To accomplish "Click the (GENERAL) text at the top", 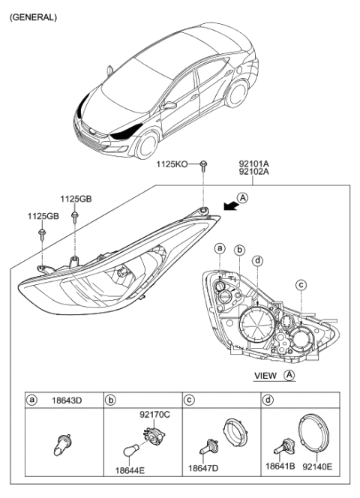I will [x=33, y=16].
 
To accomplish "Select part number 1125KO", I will [x=172, y=163].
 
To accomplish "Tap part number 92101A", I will [x=256, y=162].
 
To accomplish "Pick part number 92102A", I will [x=256, y=172].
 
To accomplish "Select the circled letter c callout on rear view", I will [x=301, y=284].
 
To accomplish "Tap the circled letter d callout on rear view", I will [x=257, y=260].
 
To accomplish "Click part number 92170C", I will [x=155, y=414].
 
